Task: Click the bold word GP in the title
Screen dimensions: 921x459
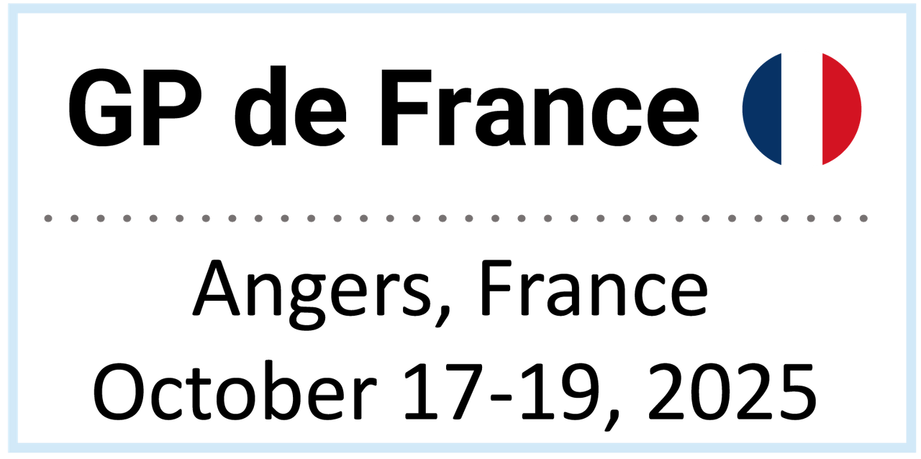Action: point(135,107)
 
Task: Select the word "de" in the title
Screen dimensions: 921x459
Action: point(290,106)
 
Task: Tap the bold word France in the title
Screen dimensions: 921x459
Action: point(540,107)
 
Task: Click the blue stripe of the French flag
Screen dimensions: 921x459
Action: point(762,109)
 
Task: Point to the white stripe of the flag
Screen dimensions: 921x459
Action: point(802,109)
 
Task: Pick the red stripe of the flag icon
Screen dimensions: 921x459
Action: point(841,109)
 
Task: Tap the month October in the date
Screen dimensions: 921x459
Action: point(235,391)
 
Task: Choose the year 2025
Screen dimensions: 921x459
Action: point(732,391)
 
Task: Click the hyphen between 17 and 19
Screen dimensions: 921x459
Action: point(502,397)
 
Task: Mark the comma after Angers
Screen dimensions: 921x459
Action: point(443,317)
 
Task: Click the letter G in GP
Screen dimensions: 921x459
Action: point(101,107)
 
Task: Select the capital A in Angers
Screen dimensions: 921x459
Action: point(217,288)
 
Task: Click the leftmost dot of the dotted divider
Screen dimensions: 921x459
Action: point(48,219)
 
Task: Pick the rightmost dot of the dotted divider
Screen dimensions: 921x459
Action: point(864,219)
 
